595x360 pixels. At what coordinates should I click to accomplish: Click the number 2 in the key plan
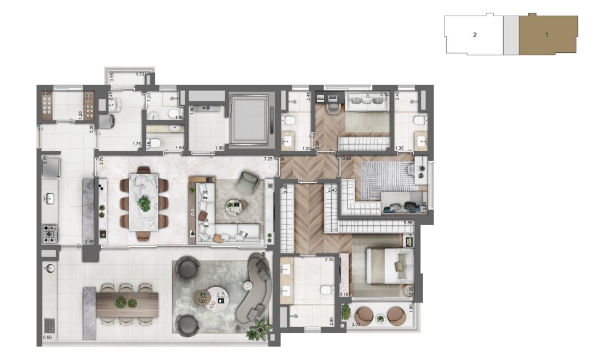[x=475, y=35]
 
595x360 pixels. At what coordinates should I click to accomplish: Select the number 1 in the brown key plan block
[x=546, y=35]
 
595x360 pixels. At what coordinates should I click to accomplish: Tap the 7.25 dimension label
[x=268, y=159]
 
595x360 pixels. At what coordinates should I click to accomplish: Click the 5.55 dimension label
[x=407, y=222]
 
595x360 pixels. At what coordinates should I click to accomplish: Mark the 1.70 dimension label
[x=139, y=75]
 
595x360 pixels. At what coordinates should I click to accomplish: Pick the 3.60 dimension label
[x=347, y=159]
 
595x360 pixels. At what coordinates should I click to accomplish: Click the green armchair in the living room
[x=249, y=183]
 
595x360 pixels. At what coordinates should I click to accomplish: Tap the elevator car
[x=249, y=119]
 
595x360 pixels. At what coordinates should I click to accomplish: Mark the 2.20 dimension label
[x=46, y=93]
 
